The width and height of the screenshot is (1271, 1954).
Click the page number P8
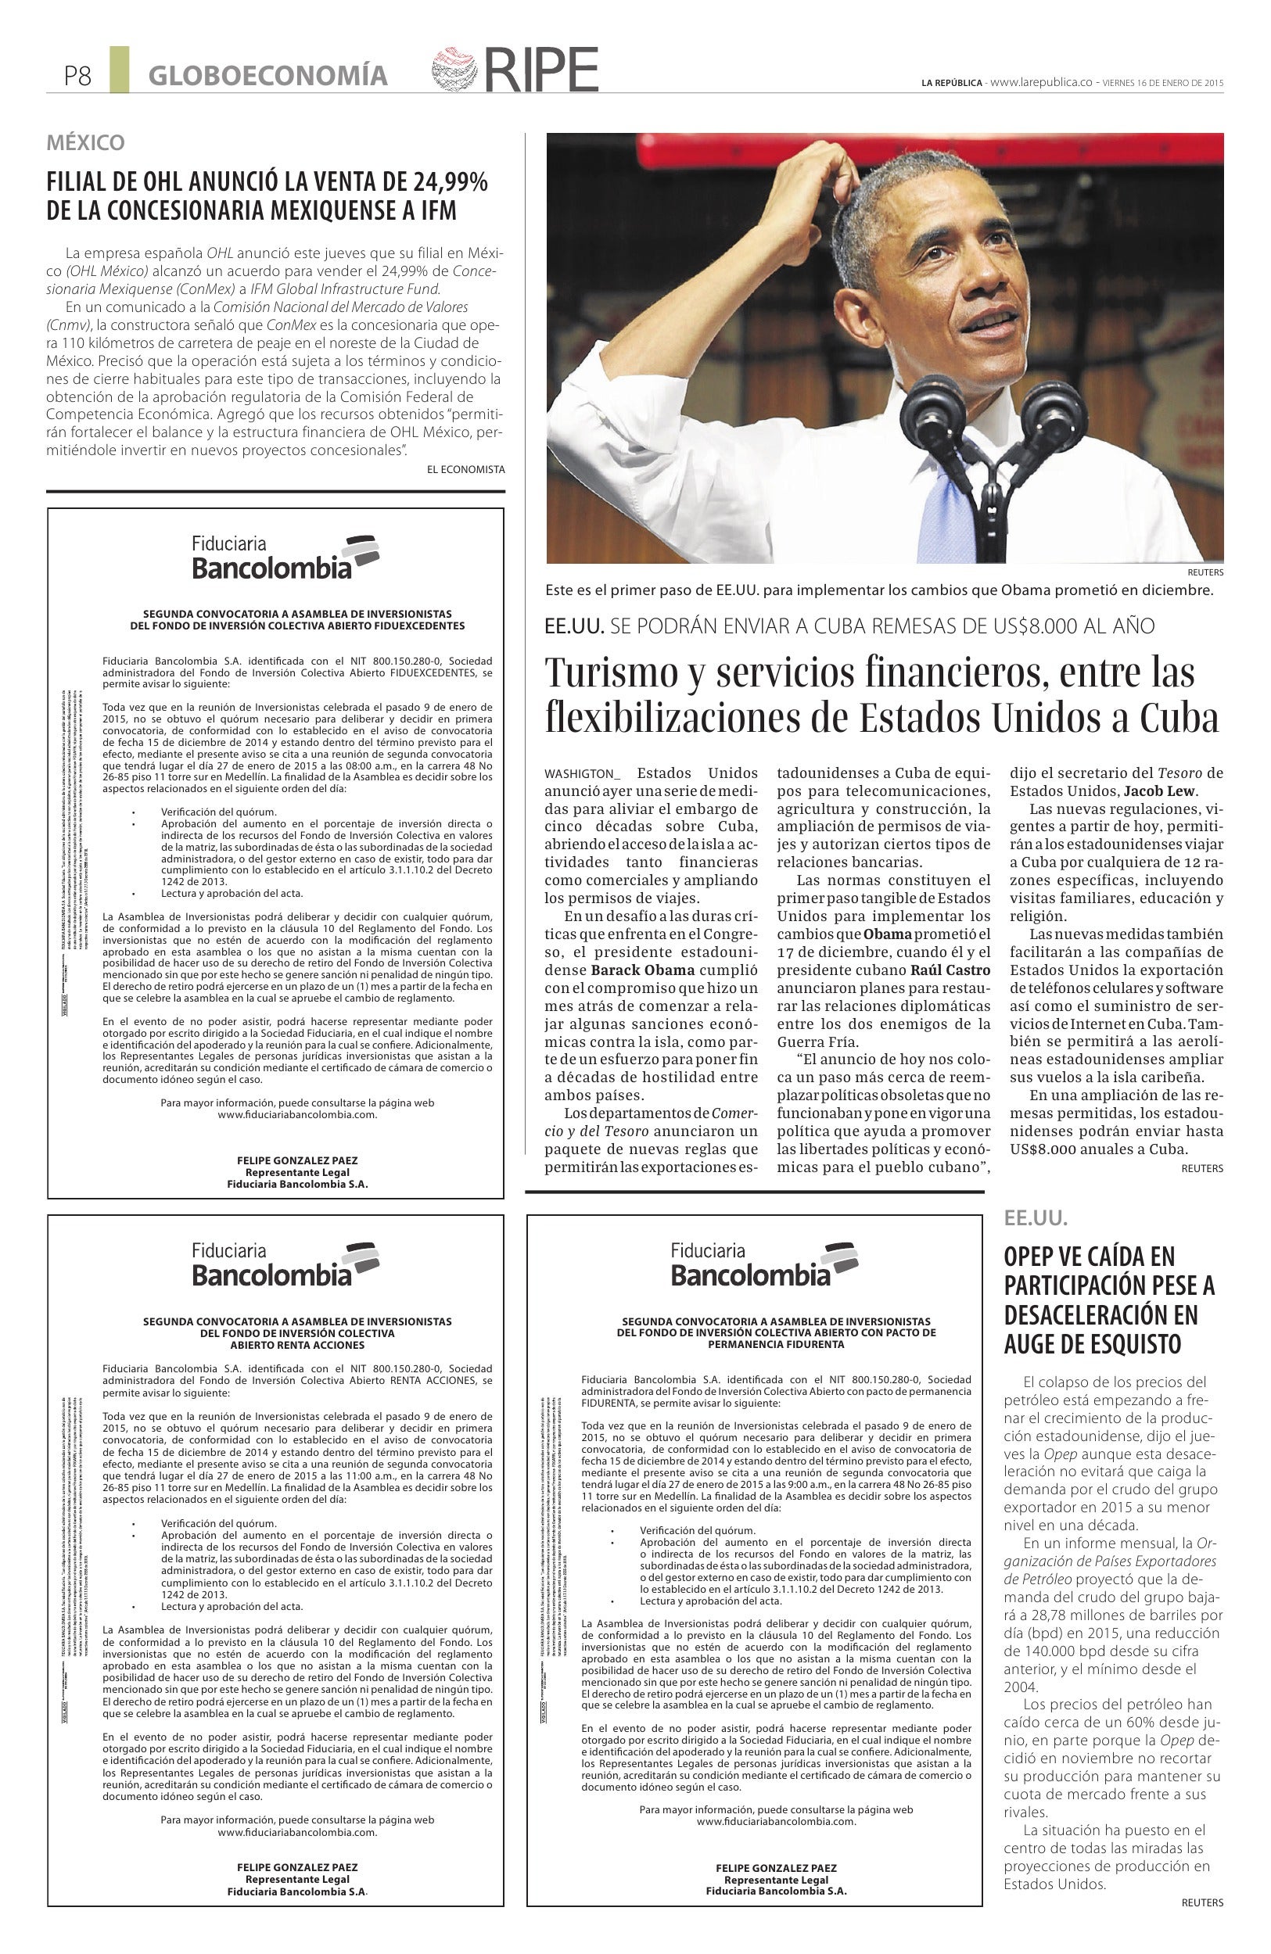tap(78, 77)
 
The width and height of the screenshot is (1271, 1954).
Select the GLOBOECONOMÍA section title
tap(267, 76)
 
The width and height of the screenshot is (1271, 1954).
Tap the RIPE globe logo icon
tap(454, 69)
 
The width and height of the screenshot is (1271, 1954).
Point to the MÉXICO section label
tap(85, 143)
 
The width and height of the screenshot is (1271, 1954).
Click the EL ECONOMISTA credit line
tap(465, 469)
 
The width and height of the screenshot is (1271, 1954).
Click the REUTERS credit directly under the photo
tap(1205, 572)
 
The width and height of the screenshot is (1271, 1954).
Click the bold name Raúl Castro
tap(951, 970)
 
